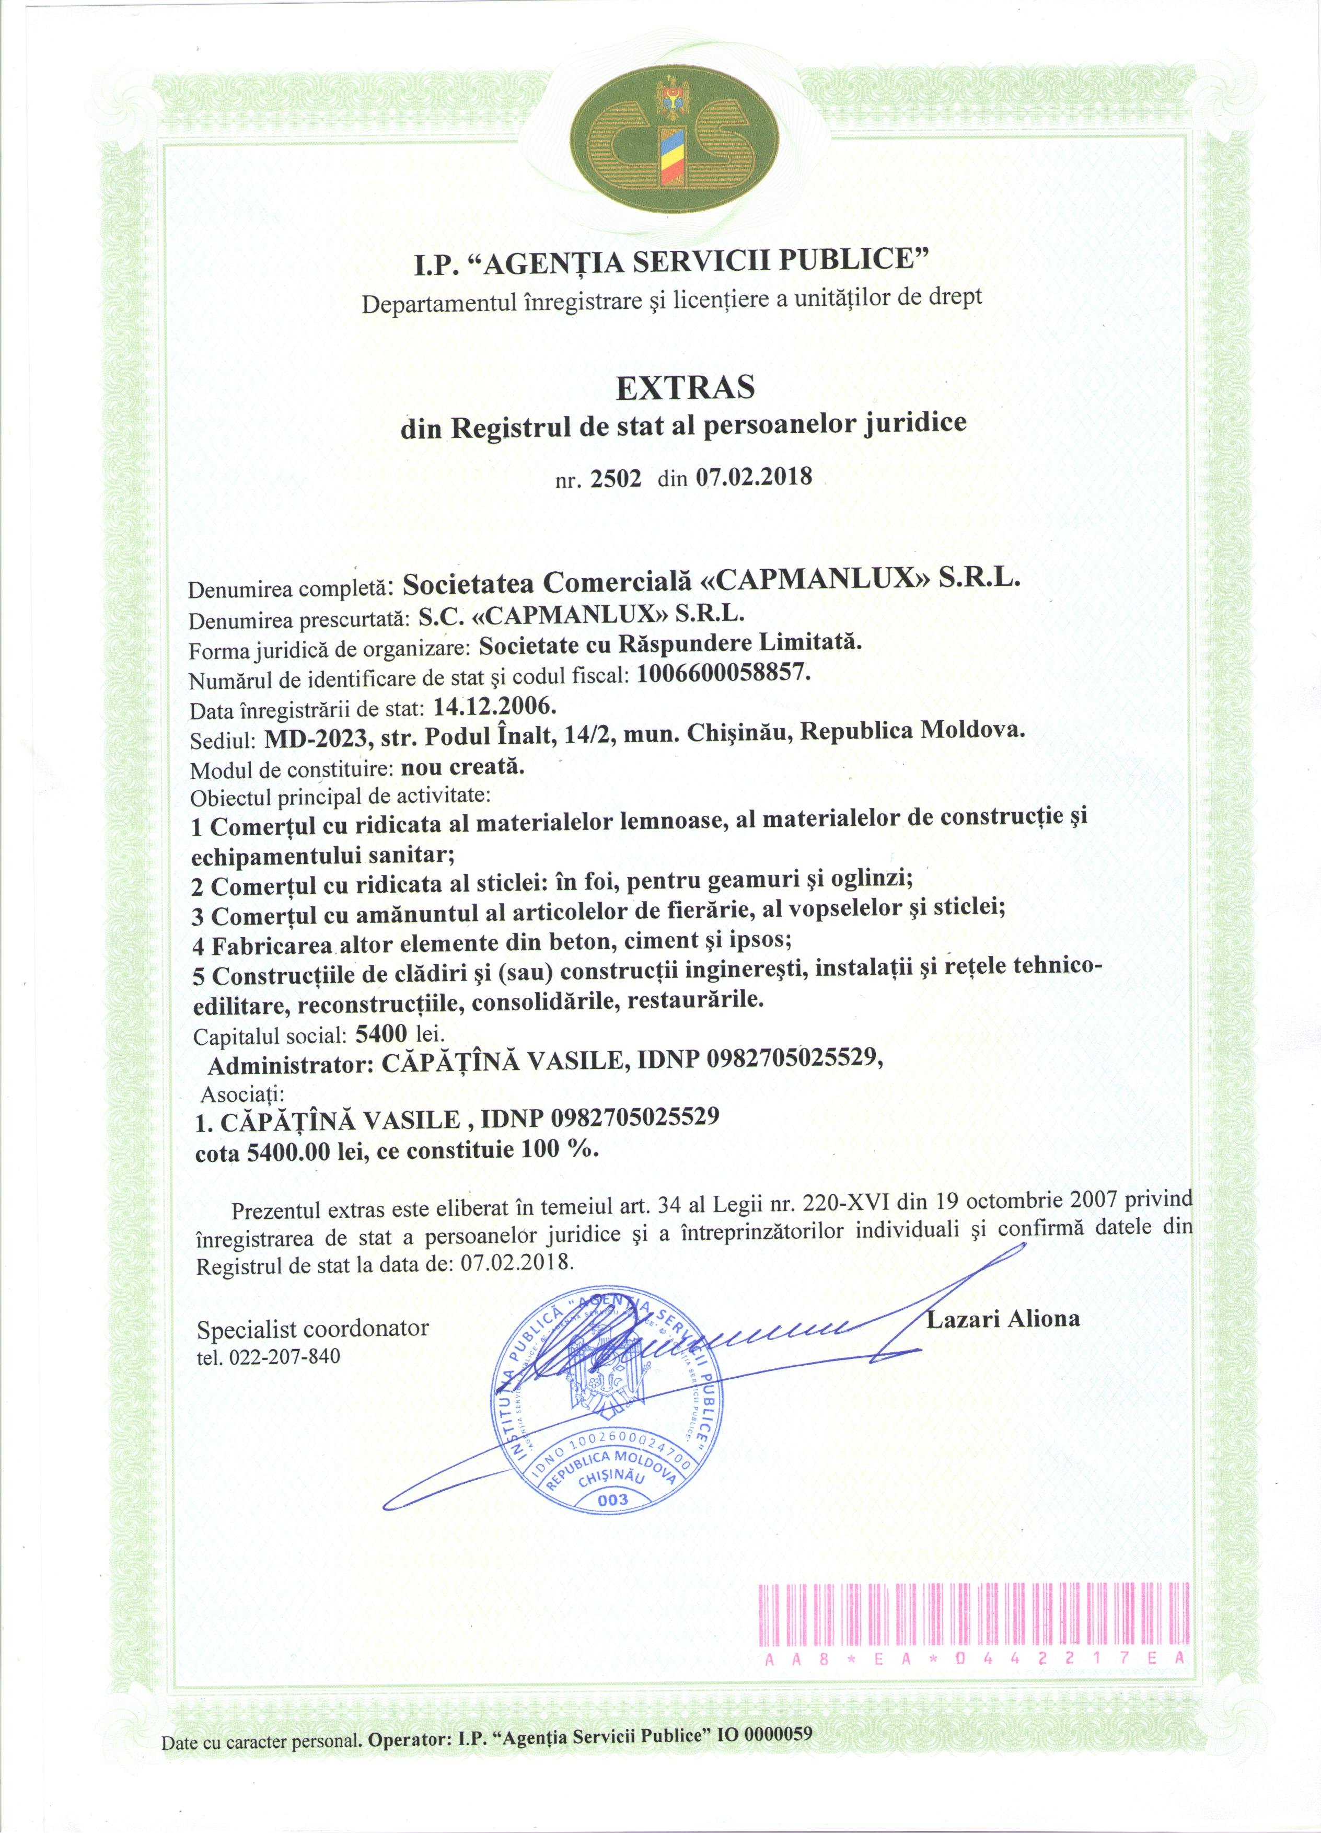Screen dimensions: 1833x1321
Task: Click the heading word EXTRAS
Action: pyautogui.click(x=685, y=388)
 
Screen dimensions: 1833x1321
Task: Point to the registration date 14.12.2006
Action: pyautogui.click(x=494, y=706)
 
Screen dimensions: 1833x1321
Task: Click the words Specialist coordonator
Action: pyautogui.click(x=312, y=1329)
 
